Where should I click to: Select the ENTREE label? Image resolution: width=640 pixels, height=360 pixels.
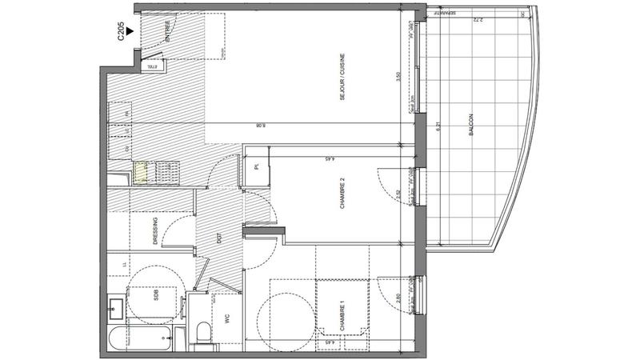168,31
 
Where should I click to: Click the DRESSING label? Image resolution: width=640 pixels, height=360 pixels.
154,233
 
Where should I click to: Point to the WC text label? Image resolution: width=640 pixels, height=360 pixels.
228,318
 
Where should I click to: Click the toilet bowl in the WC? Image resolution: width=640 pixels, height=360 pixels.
202,332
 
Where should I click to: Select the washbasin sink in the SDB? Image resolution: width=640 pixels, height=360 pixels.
117,303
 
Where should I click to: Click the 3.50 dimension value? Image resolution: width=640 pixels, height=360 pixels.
398,78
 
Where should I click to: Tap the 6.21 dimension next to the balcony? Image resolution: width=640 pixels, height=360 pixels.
438,126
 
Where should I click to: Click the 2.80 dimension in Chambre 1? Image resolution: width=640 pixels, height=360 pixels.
398,298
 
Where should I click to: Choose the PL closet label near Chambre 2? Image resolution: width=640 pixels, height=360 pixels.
257,166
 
